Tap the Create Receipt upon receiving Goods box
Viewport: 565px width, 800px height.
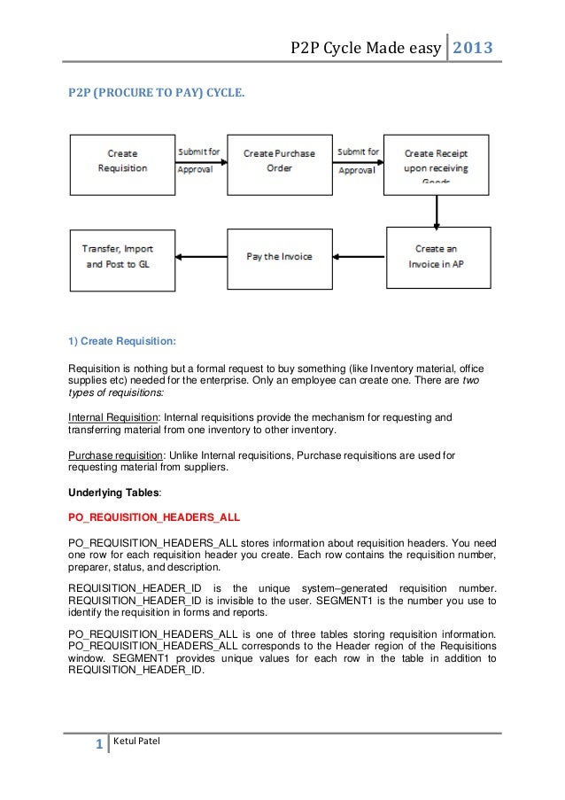(436, 162)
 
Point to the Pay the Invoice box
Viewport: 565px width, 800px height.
(279, 256)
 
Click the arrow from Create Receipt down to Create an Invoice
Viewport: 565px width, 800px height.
(436, 211)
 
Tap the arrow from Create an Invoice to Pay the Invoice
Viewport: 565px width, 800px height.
(358, 257)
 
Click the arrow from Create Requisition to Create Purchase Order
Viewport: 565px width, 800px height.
(201, 160)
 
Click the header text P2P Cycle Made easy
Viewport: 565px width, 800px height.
(365, 47)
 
